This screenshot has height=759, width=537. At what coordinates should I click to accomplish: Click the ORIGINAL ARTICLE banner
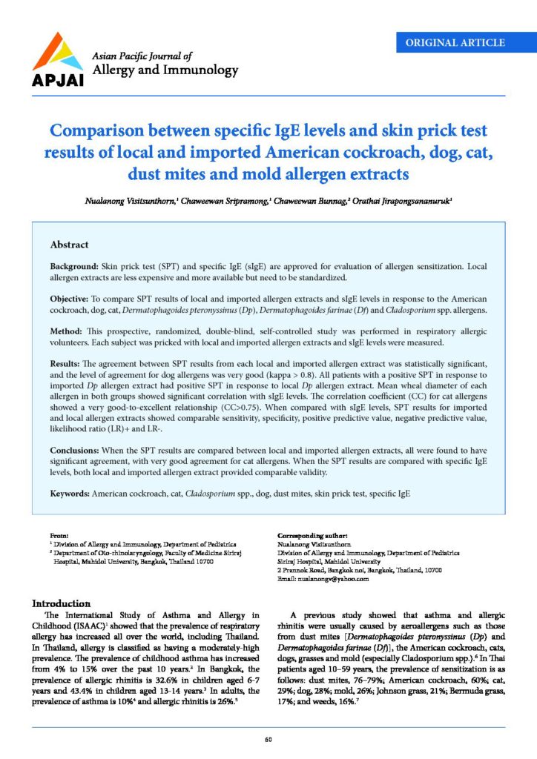[455, 42]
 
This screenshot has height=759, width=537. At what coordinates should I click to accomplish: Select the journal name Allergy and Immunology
[164, 70]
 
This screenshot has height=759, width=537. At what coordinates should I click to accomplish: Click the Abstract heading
[69, 245]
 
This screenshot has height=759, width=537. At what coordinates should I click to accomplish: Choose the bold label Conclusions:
[79, 450]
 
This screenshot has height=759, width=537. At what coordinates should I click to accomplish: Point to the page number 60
[268, 738]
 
